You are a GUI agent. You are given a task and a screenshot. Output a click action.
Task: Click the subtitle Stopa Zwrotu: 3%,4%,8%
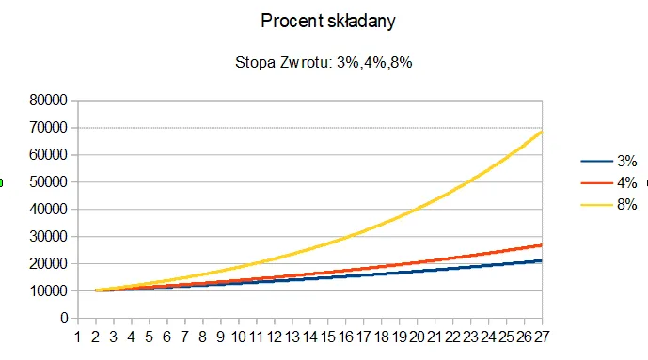(x=324, y=63)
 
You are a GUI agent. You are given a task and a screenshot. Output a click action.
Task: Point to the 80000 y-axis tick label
(x=46, y=100)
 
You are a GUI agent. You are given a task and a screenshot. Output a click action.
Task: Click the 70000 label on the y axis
(x=46, y=127)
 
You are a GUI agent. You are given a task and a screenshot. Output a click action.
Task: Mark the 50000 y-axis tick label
(x=46, y=181)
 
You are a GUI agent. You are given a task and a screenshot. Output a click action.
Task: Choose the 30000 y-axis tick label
(x=46, y=236)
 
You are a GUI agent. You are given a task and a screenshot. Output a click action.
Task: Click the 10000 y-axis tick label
(x=46, y=290)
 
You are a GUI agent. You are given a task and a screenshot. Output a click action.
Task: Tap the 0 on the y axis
(x=63, y=318)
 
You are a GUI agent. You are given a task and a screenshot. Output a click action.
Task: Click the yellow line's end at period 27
(x=541, y=132)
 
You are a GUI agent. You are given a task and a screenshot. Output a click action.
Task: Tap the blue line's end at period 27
(x=541, y=260)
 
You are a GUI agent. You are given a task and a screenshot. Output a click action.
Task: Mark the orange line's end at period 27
(x=541, y=244)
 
